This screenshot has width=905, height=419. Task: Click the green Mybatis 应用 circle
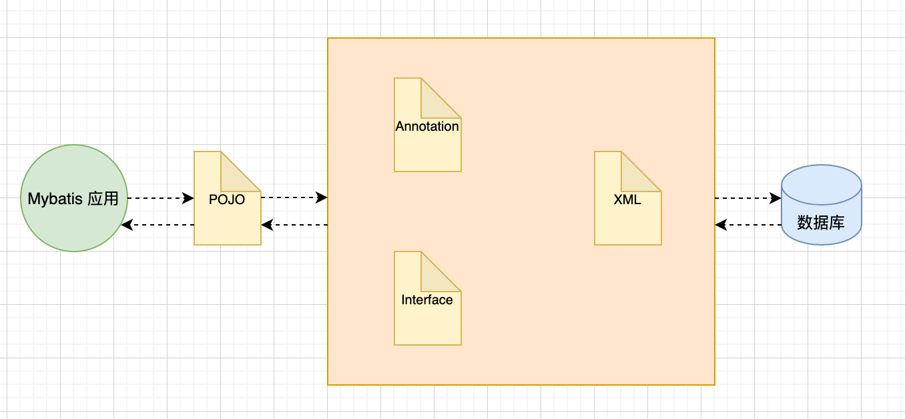(x=73, y=198)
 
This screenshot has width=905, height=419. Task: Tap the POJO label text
(x=227, y=199)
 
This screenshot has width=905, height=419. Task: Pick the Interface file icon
(x=427, y=314)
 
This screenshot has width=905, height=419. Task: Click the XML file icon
(x=627, y=214)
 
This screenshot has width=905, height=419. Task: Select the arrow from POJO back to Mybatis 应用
(x=158, y=225)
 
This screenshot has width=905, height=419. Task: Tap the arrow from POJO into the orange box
(x=294, y=197)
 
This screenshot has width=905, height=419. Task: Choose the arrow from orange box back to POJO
(x=294, y=225)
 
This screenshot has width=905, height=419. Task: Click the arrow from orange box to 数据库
(x=747, y=198)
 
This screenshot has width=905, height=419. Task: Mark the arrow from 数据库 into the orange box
(x=747, y=225)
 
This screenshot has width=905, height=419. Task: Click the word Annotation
(x=427, y=126)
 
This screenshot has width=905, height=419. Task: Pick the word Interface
(x=427, y=300)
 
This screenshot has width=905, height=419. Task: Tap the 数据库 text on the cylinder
(x=821, y=222)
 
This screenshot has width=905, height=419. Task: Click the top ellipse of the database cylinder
(x=821, y=177)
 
